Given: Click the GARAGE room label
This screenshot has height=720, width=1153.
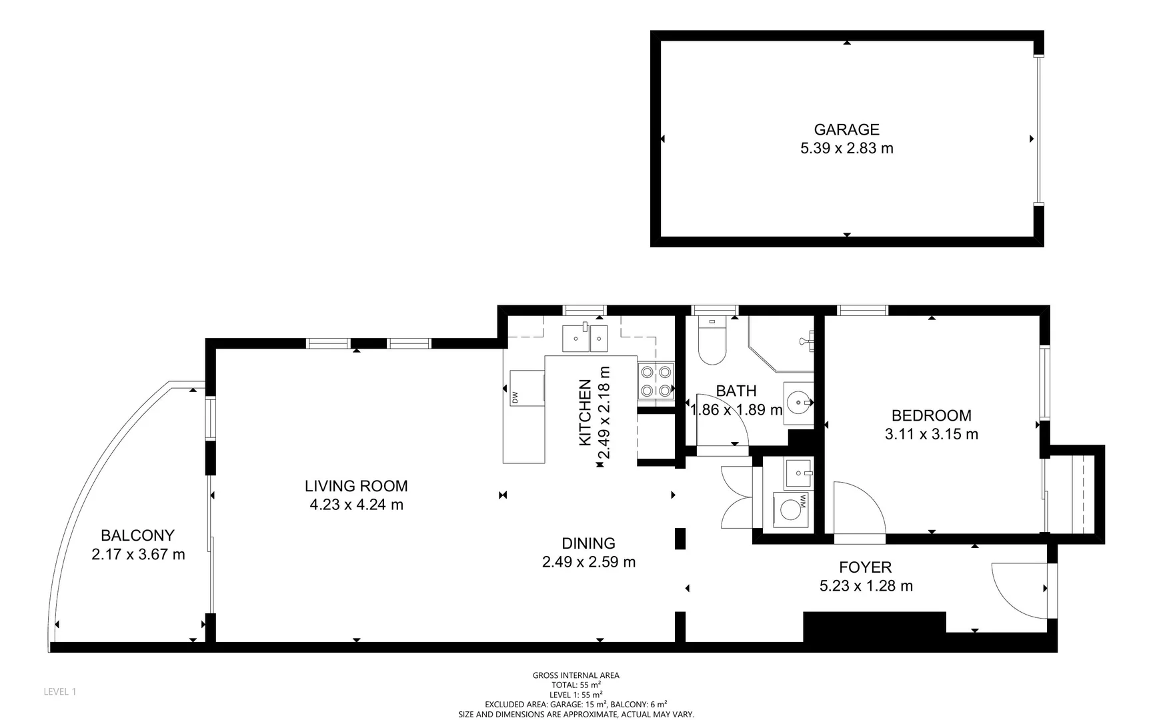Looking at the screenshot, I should coord(846,129).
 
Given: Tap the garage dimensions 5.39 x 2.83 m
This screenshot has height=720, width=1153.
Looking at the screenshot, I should coord(846,149).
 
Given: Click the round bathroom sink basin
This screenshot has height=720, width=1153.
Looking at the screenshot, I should coord(798,403).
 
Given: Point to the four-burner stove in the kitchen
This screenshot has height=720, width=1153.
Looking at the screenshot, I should coord(656,381).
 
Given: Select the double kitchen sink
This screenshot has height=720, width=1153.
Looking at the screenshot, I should coord(584,339).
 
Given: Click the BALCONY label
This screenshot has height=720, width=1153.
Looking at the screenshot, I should coord(137,535).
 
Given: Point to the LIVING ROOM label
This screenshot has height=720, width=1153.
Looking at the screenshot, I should coord(356,486).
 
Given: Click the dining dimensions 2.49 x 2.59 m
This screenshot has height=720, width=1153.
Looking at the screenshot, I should coord(588,562).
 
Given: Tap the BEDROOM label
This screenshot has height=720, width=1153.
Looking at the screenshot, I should coord(931,415).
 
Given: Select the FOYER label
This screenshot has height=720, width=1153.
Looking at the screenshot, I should coord(865,567).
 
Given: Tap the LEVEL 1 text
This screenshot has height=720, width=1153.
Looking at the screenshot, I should coord(60,692).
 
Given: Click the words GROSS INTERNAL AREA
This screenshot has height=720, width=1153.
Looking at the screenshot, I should coord(575,675).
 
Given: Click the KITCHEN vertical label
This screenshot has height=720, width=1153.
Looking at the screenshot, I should coord(585,413).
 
